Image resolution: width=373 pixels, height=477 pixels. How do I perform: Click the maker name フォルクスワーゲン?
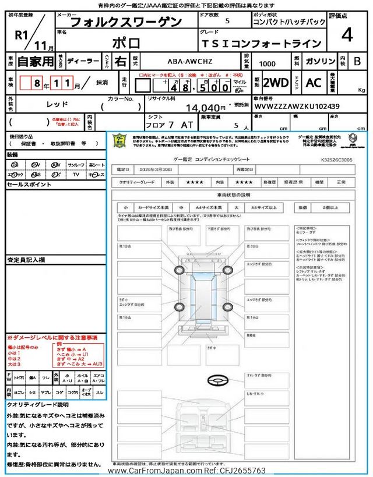point(125,22)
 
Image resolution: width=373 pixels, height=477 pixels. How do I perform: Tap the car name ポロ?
point(125,43)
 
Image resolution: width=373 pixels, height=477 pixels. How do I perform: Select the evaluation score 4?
point(346,36)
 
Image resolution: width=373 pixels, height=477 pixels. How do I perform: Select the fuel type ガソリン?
point(319,61)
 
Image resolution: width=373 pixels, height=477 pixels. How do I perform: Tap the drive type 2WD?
point(276,83)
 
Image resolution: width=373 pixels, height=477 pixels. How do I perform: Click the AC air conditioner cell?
point(314,83)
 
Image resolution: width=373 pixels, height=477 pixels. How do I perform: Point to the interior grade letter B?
point(357,61)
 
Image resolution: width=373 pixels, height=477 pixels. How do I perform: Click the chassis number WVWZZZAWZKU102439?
point(297,107)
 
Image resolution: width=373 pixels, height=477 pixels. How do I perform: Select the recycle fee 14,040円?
point(204,108)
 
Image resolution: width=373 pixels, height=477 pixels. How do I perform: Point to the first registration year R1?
point(22,34)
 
